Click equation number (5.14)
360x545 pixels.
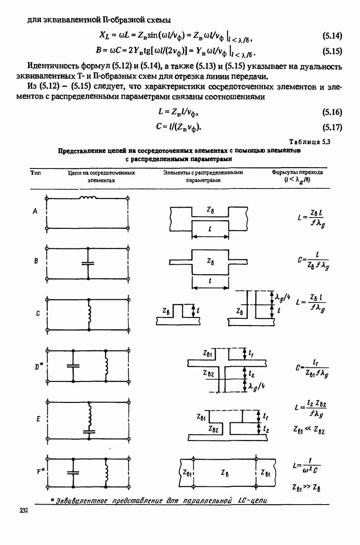tap(332, 35)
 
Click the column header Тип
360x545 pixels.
tap(36, 173)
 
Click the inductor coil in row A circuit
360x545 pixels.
tap(88, 198)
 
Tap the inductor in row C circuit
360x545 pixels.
tap(90, 312)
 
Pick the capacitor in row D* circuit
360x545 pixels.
tap(70, 365)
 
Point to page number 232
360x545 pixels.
tap(24, 511)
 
